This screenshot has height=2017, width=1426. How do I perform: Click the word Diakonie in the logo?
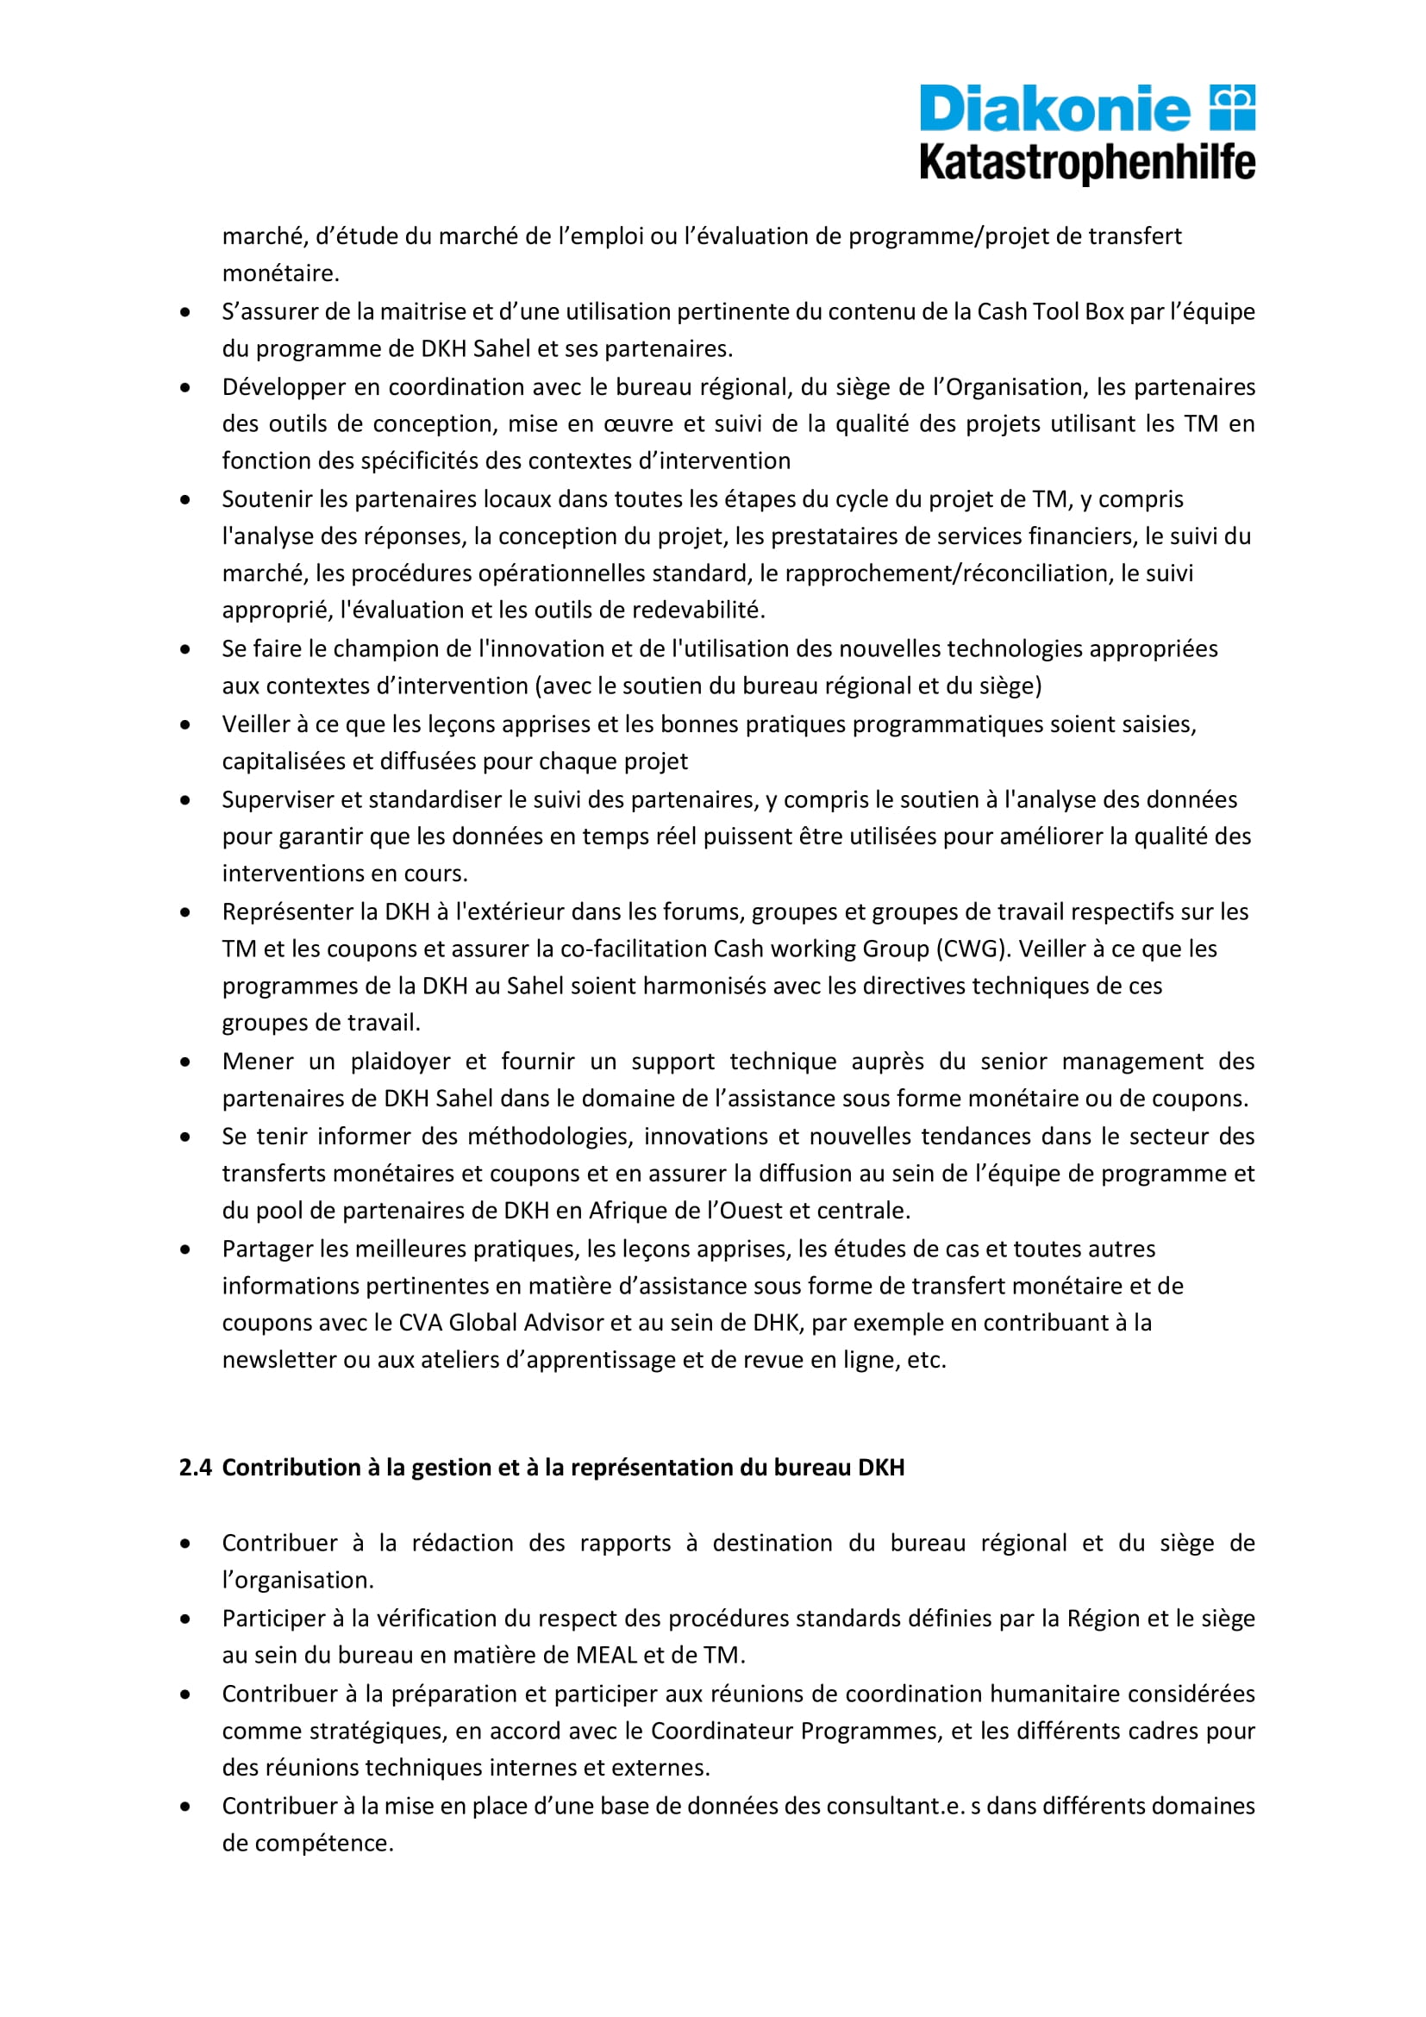pyautogui.click(x=1054, y=109)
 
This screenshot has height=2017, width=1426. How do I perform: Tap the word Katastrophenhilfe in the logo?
pyautogui.click(x=1087, y=163)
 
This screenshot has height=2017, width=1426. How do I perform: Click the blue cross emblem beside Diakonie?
pyautogui.click(x=1233, y=107)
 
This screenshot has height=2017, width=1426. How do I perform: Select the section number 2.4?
pyautogui.click(x=195, y=1468)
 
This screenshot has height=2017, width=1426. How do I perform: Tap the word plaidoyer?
pyautogui.click(x=400, y=1062)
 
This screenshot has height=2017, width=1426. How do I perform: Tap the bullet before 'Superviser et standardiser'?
pyautogui.click(x=185, y=800)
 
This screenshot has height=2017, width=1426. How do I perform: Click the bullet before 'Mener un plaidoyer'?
pyautogui.click(x=185, y=1062)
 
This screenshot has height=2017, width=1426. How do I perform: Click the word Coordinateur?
pyautogui.click(x=722, y=1731)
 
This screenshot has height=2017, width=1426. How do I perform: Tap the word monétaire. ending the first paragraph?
pyautogui.click(x=280, y=274)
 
